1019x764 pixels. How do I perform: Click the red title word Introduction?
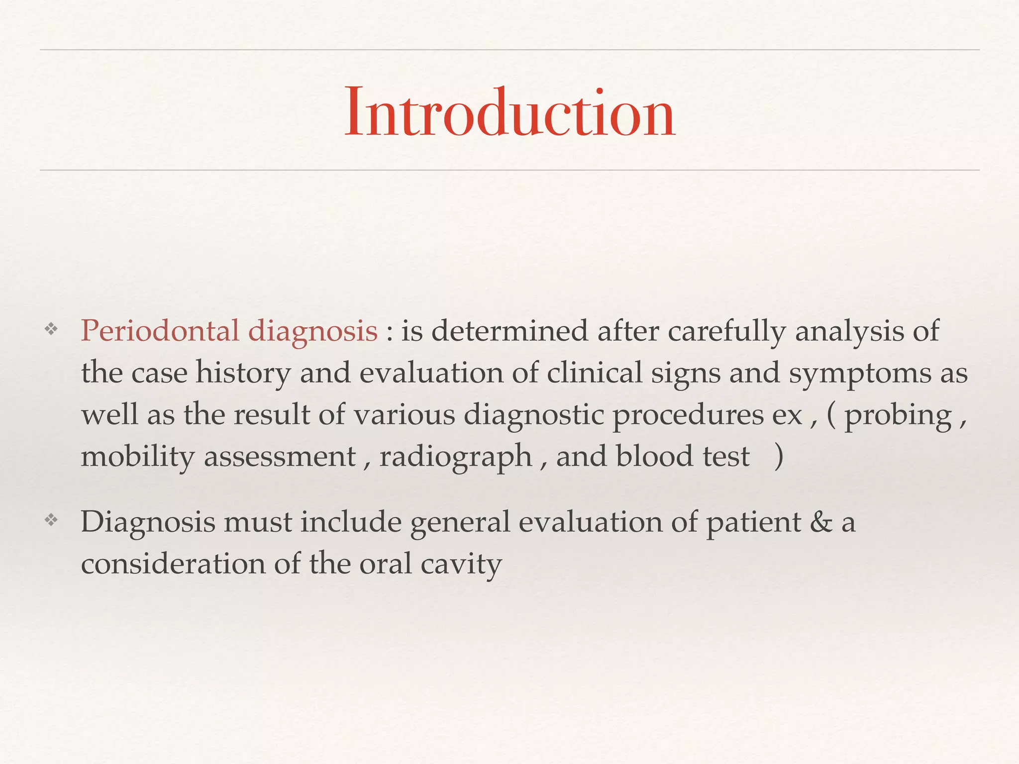509,113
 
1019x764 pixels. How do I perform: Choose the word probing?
898,416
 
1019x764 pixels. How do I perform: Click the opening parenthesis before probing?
831,415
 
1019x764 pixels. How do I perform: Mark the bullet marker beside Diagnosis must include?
51,520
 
